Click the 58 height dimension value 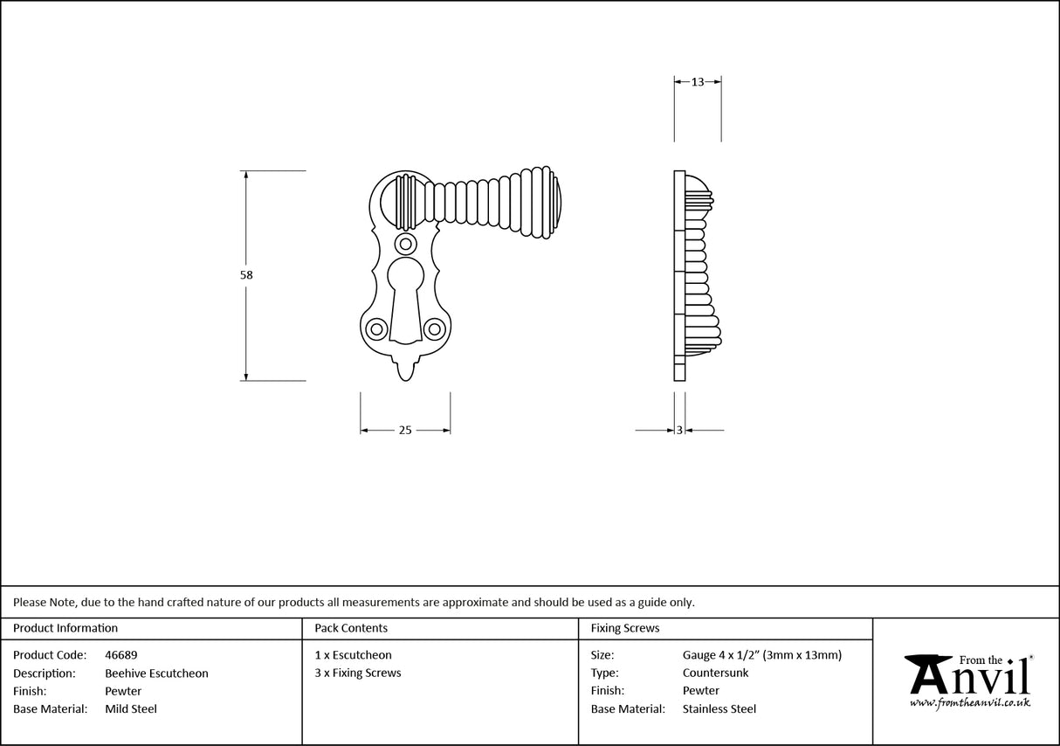coord(246,275)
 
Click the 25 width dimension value coord(405,430)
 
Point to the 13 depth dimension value coord(698,82)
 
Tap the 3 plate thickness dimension coord(679,430)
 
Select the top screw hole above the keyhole coord(405,243)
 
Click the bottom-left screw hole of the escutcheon coord(376,328)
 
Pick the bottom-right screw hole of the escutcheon coord(433,328)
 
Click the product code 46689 coord(120,654)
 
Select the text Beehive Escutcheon coord(156,673)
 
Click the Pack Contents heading coord(351,628)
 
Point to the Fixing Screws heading coord(625,628)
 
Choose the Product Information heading coord(65,628)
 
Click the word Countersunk coord(715,673)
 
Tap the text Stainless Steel coord(719,709)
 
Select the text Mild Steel coord(131,709)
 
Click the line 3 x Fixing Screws coord(358,673)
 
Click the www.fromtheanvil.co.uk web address coord(969,702)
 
